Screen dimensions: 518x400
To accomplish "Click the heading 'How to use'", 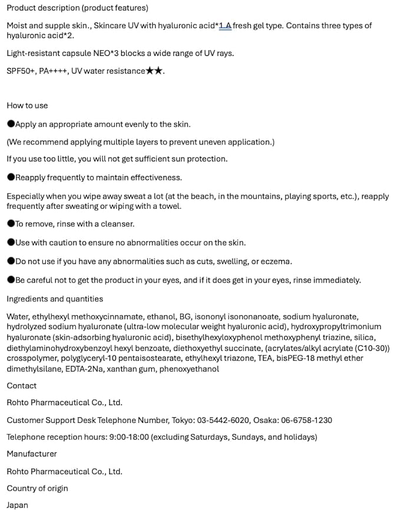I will coord(27,106).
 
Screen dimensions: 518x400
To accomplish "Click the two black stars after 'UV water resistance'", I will coord(154,71).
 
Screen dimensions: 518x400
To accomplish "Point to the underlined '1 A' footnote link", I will coord(225,26).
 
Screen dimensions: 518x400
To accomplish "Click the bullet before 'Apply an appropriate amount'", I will coord(11,124).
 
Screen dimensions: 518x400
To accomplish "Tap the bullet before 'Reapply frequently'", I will coord(11,178).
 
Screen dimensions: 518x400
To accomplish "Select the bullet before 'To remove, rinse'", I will coord(11,224).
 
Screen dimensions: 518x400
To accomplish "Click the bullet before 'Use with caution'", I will coord(11,242).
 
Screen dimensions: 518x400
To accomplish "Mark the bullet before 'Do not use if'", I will coord(11,261).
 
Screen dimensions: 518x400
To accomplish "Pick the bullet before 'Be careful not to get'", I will coord(11,280).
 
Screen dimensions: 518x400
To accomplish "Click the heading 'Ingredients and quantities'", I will coord(55,299).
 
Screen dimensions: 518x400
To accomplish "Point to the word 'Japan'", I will coord(17,506).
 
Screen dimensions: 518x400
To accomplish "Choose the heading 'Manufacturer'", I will coord(32,454).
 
